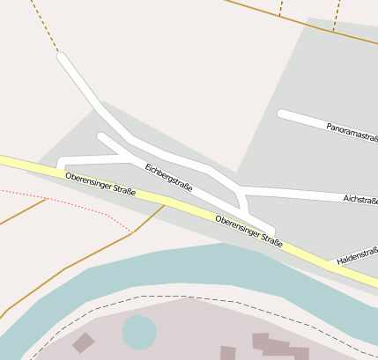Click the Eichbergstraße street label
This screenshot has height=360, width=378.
pos(168,176)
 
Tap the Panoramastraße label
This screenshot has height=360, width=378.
pos(352,132)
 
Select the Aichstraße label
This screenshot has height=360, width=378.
pos(360,201)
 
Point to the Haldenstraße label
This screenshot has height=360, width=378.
pos(356,255)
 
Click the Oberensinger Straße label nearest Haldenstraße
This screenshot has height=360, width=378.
pos(248,231)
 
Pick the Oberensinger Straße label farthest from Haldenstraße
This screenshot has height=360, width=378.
pos(100,183)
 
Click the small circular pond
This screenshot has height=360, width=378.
pos(138,332)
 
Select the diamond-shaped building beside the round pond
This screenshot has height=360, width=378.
pos(84,342)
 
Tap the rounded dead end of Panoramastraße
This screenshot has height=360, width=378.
pos(282,114)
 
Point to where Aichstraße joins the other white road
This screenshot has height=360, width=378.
pos(241,190)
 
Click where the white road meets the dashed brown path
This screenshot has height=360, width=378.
pos(60,55)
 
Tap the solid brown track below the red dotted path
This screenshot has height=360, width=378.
pos(88,255)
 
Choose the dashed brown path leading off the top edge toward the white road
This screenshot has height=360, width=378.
pos(44,26)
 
